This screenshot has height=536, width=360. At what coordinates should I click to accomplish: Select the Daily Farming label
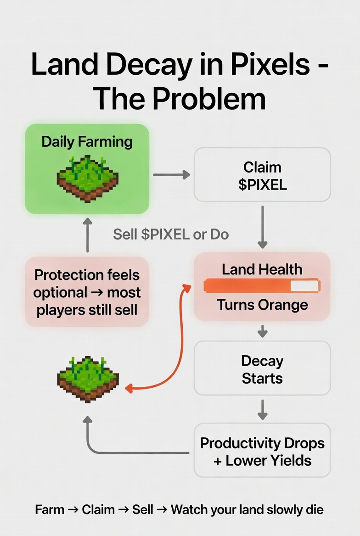click(x=87, y=141)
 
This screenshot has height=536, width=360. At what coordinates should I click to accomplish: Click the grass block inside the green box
click(x=87, y=179)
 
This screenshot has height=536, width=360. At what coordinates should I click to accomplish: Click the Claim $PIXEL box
click(x=262, y=175)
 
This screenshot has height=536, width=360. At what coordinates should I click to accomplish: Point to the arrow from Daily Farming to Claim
click(x=171, y=174)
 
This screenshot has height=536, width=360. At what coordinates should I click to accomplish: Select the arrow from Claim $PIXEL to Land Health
click(x=262, y=227)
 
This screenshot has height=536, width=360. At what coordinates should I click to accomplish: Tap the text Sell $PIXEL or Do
click(x=171, y=234)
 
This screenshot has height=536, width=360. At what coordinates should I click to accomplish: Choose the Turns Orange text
click(x=262, y=304)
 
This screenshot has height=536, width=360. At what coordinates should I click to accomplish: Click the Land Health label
click(x=262, y=269)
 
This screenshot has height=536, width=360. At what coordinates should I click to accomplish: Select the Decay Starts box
click(x=262, y=369)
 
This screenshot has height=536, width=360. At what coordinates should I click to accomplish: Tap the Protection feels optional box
click(x=87, y=292)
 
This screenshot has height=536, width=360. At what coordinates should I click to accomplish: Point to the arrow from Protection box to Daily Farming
click(x=87, y=234)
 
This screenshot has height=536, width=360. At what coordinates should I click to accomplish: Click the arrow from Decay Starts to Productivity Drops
click(x=262, y=409)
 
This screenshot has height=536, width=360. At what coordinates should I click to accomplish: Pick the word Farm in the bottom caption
click(x=50, y=509)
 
